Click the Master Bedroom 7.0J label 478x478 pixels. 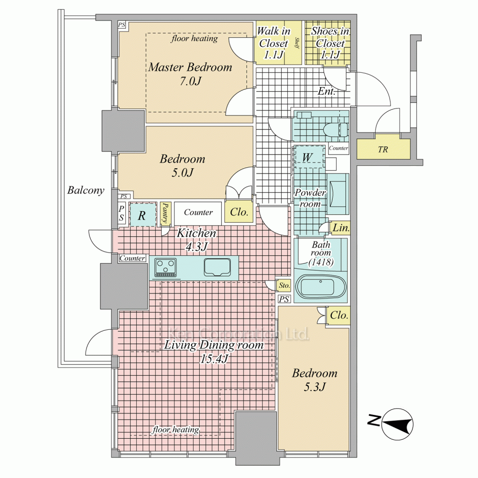click(x=190, y=74)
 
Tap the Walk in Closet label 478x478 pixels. click(x=273, y=43)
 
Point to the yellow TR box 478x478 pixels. click(x=383, y=149)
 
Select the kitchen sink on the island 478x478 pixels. click(x=217, y=267)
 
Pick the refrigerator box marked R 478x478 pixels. click(x=142, y=215)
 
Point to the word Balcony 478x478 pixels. click(x=86, y=190)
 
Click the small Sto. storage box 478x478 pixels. click(x=284, y=286)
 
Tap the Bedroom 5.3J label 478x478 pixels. click(x=315, y=380)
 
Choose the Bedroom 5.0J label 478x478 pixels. click(x=183, y=165)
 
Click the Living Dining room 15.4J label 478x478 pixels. click(x=214, y=351)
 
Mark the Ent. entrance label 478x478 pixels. click(x=327, y=91)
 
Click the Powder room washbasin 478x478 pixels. click(x=337, y=194)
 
